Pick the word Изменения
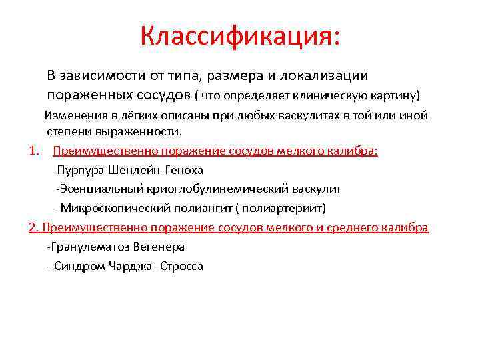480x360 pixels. tap(72, 115)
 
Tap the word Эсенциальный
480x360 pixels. tap(97, 189)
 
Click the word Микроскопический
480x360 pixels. tap(106, 208)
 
